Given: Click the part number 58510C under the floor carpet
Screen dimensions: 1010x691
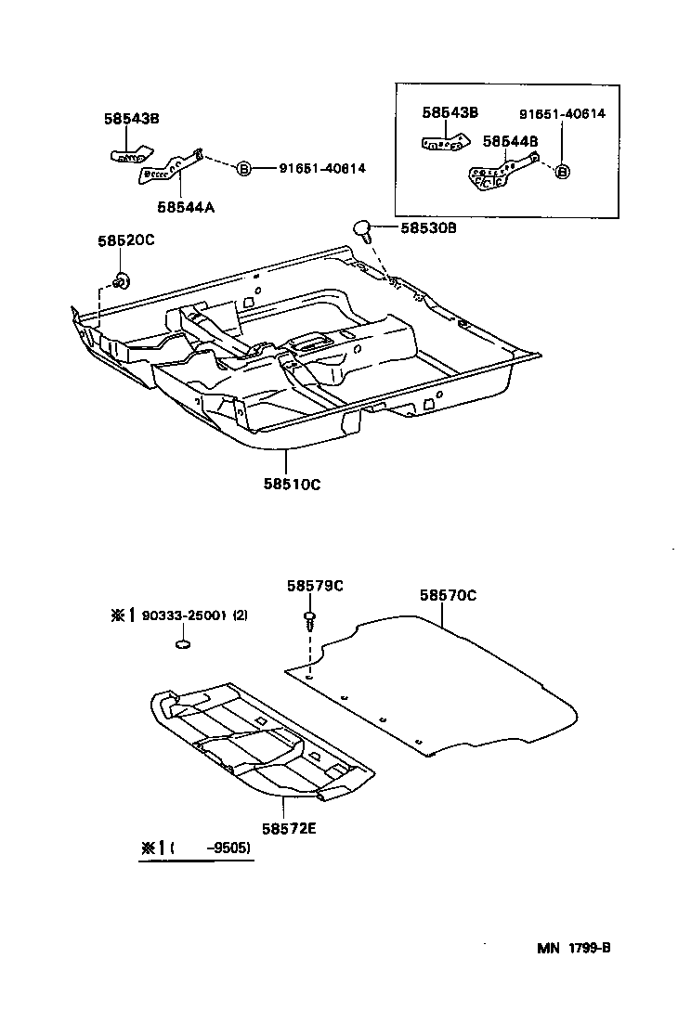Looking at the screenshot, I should tap(291, 483).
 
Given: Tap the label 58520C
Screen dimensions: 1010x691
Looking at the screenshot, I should tap(125, 240).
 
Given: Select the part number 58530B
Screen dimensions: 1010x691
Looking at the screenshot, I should tap(429, 227).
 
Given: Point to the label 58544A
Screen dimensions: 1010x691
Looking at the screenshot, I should tap(186, 207).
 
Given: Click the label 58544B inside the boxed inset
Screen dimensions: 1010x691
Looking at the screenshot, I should tap(511, 141).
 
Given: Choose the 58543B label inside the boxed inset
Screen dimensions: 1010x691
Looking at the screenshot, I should tap(450, 112).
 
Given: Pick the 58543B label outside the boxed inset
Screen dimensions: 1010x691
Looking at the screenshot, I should tap(132, 118).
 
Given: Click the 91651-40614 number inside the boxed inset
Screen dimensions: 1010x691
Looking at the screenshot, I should tap(562, 113).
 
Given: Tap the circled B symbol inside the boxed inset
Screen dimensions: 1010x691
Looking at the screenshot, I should tap(563, 172).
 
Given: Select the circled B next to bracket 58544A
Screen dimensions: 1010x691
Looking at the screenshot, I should tap(243, 168).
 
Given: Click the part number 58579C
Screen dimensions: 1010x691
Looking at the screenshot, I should tap(315, 585).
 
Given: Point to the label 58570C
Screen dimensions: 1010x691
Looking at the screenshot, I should tap(448, 595).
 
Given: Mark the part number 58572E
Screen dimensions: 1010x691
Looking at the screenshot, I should tap(289, 828).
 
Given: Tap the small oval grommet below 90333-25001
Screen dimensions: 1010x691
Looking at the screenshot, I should tap(184, 645).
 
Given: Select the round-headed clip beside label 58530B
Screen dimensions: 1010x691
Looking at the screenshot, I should tap(362, 227).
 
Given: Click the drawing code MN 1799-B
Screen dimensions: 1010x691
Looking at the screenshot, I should tap(573, 948).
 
